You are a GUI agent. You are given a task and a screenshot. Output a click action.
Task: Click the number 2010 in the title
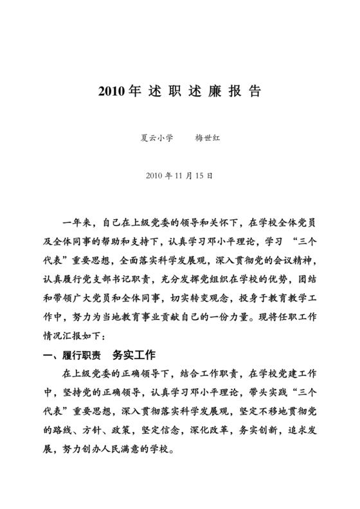point(113,91)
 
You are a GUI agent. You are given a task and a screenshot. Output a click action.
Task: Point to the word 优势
point(274,280)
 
